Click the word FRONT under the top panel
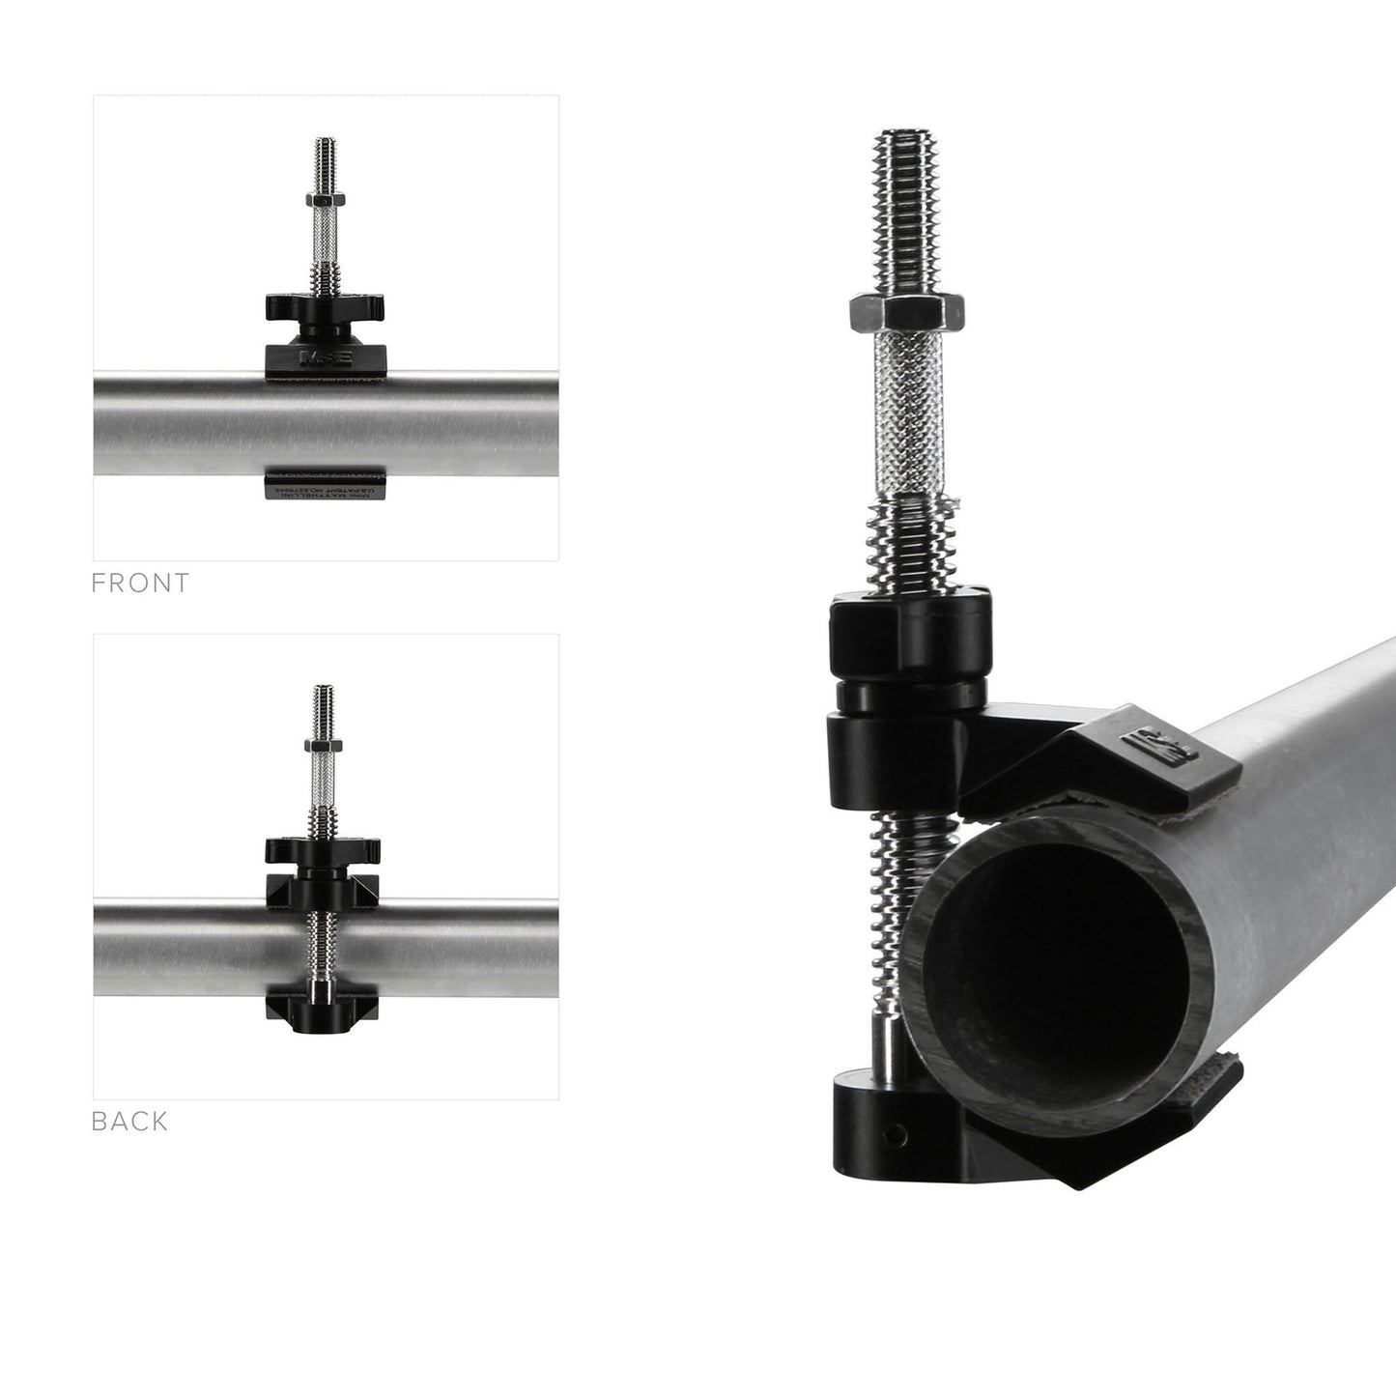coord(141,584)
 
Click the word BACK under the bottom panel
coord(130,1122)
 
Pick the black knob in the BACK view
coord(323,851)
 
